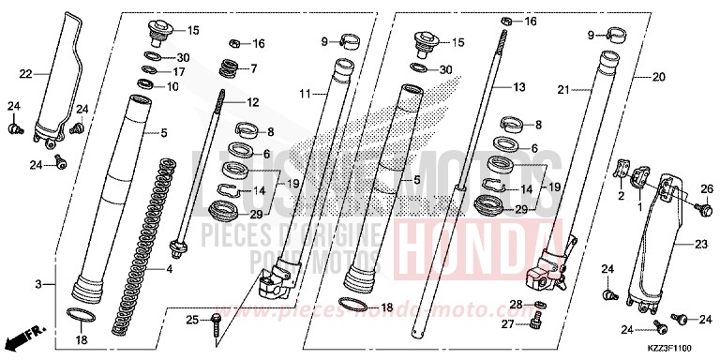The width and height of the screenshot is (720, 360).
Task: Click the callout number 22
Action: (25, 72)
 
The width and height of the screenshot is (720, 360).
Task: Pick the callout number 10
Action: (173, 86)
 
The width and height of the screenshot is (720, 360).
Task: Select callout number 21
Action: (564, 91)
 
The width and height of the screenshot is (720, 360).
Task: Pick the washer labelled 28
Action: (541, 307)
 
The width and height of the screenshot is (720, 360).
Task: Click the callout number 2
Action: (620, 198)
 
